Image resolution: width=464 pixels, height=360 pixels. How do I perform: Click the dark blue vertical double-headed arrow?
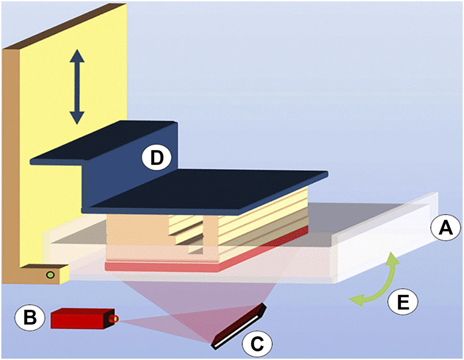[76, 88]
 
